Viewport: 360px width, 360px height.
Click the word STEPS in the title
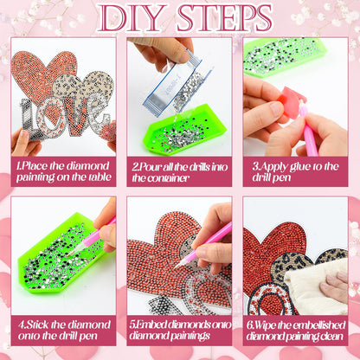(x=225, y=18)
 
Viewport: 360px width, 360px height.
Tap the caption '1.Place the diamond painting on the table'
(x=63, y=171)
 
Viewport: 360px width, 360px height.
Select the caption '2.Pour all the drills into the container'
(x=180, y=172)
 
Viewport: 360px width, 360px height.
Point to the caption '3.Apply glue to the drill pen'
(x=295, y=171)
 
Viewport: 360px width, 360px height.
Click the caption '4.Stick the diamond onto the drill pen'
(x=64, y=331)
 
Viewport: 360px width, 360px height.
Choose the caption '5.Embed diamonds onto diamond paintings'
(x=180, y=330)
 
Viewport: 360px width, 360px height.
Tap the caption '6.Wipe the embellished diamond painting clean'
(x=296, y=331)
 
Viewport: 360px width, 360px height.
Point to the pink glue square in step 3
(x=291, y=102)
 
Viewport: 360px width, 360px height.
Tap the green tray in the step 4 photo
(x=61, y=254)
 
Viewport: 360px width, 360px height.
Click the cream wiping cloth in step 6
(x=316, y=288)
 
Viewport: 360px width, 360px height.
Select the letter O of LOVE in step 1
(x=55, y=118)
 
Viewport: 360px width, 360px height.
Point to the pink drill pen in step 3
(x=309, y=130)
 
